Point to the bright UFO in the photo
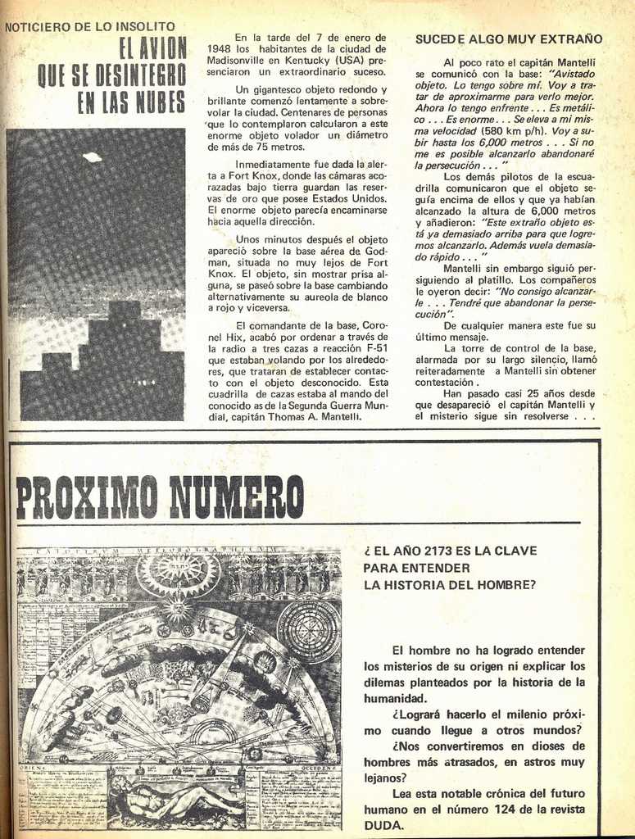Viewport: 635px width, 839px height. click(x=92, y=157)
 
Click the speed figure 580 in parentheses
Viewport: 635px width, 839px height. click(x=495, y=131)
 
